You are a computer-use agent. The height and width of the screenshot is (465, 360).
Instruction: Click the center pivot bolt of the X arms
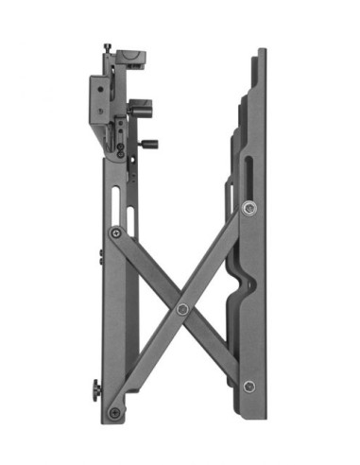(182, 309)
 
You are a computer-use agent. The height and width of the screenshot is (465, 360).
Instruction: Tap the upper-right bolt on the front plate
(249, 208)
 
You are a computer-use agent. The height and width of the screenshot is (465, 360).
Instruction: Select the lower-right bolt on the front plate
(249, 386)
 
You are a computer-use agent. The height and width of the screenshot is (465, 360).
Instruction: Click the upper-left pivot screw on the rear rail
(116, 232)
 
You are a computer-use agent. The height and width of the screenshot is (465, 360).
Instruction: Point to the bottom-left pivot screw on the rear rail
(114, 412)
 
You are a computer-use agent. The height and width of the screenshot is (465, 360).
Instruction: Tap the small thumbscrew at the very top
(109, 47)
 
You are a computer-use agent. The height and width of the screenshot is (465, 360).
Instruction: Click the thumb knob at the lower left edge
(94, 389)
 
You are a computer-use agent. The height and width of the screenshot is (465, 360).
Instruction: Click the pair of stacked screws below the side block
(120, 149)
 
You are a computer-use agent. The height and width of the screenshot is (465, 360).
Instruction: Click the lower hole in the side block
(97, 111)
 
